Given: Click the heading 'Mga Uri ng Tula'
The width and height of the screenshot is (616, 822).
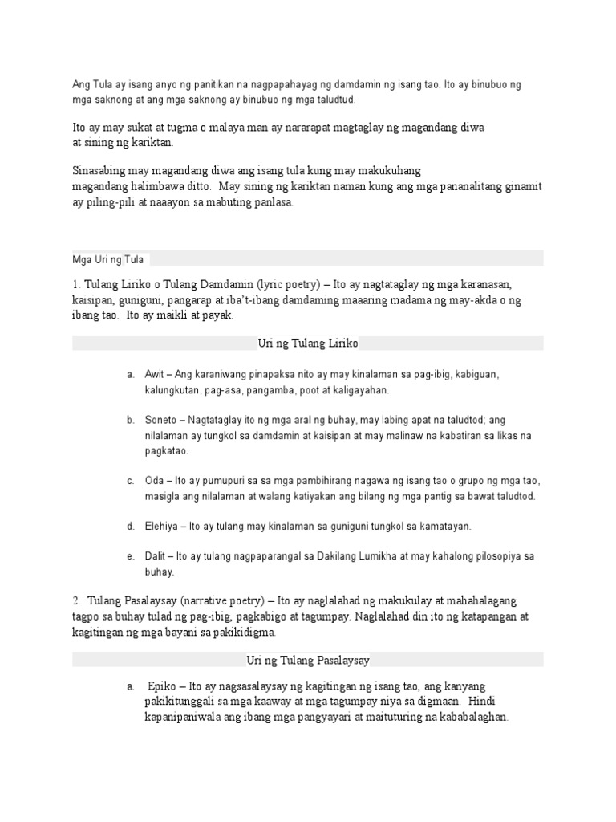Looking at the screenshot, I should (107, 259).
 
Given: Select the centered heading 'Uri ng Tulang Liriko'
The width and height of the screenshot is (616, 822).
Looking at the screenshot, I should (308, 343).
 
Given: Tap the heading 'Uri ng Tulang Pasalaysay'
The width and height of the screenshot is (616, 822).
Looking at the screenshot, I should (308, 660).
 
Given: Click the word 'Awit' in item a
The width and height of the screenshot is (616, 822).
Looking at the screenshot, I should (154, 375).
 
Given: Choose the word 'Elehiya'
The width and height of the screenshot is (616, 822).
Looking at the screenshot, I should (162, 527).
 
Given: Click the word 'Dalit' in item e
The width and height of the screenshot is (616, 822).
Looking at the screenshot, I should (156, 556).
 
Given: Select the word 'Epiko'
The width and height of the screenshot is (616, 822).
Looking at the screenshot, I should (162, 687).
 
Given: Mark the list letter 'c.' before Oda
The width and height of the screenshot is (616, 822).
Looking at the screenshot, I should (130, 481).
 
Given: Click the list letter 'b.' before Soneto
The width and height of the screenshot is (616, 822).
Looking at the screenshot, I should (130, 420).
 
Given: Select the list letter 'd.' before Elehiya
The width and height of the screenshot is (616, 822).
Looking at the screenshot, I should (130, 527).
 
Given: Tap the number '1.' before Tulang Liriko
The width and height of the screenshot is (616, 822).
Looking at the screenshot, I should (76, 285).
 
